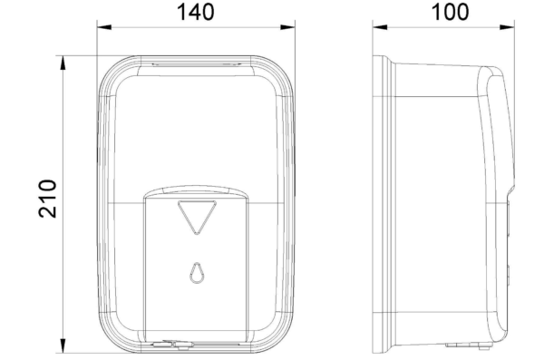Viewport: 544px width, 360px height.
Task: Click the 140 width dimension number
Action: point(196,12)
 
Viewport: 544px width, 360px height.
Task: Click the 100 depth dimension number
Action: point(450,12)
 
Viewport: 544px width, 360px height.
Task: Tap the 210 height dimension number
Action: point(47,199)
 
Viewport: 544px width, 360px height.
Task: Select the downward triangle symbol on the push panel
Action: point(197,218)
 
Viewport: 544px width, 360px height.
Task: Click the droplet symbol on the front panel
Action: point(197,273)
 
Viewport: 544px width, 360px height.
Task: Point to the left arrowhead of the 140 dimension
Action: point(104,27)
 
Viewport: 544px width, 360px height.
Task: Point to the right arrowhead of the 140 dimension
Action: point(287,27)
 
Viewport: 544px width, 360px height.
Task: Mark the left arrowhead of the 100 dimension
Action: point(380,27)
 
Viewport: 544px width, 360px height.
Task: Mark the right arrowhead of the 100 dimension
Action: point(507,27)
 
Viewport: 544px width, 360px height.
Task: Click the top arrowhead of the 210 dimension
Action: point(63,63)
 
